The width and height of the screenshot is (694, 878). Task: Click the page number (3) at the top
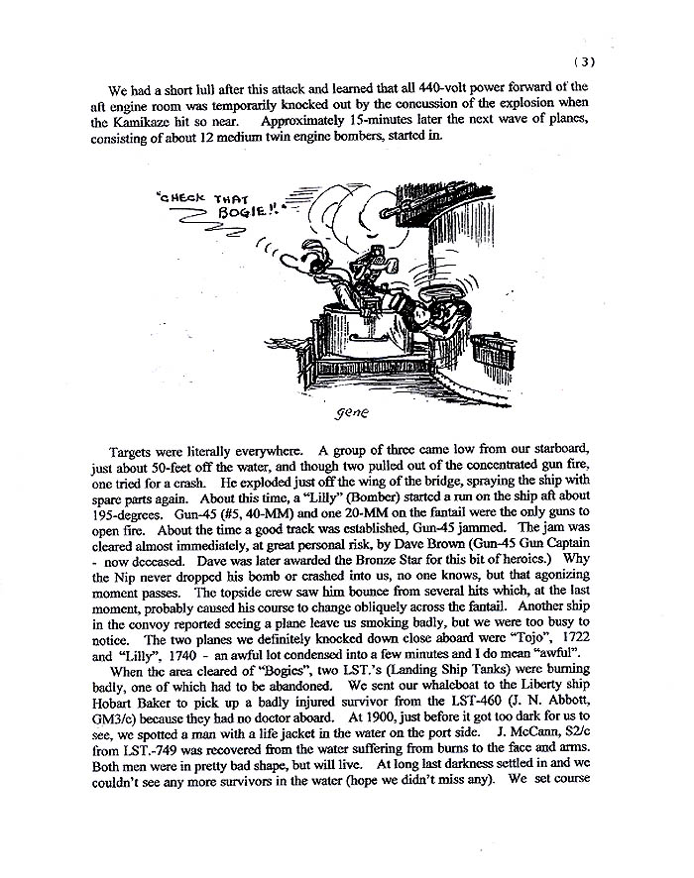pyautogui.click(x=583, y=61)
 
